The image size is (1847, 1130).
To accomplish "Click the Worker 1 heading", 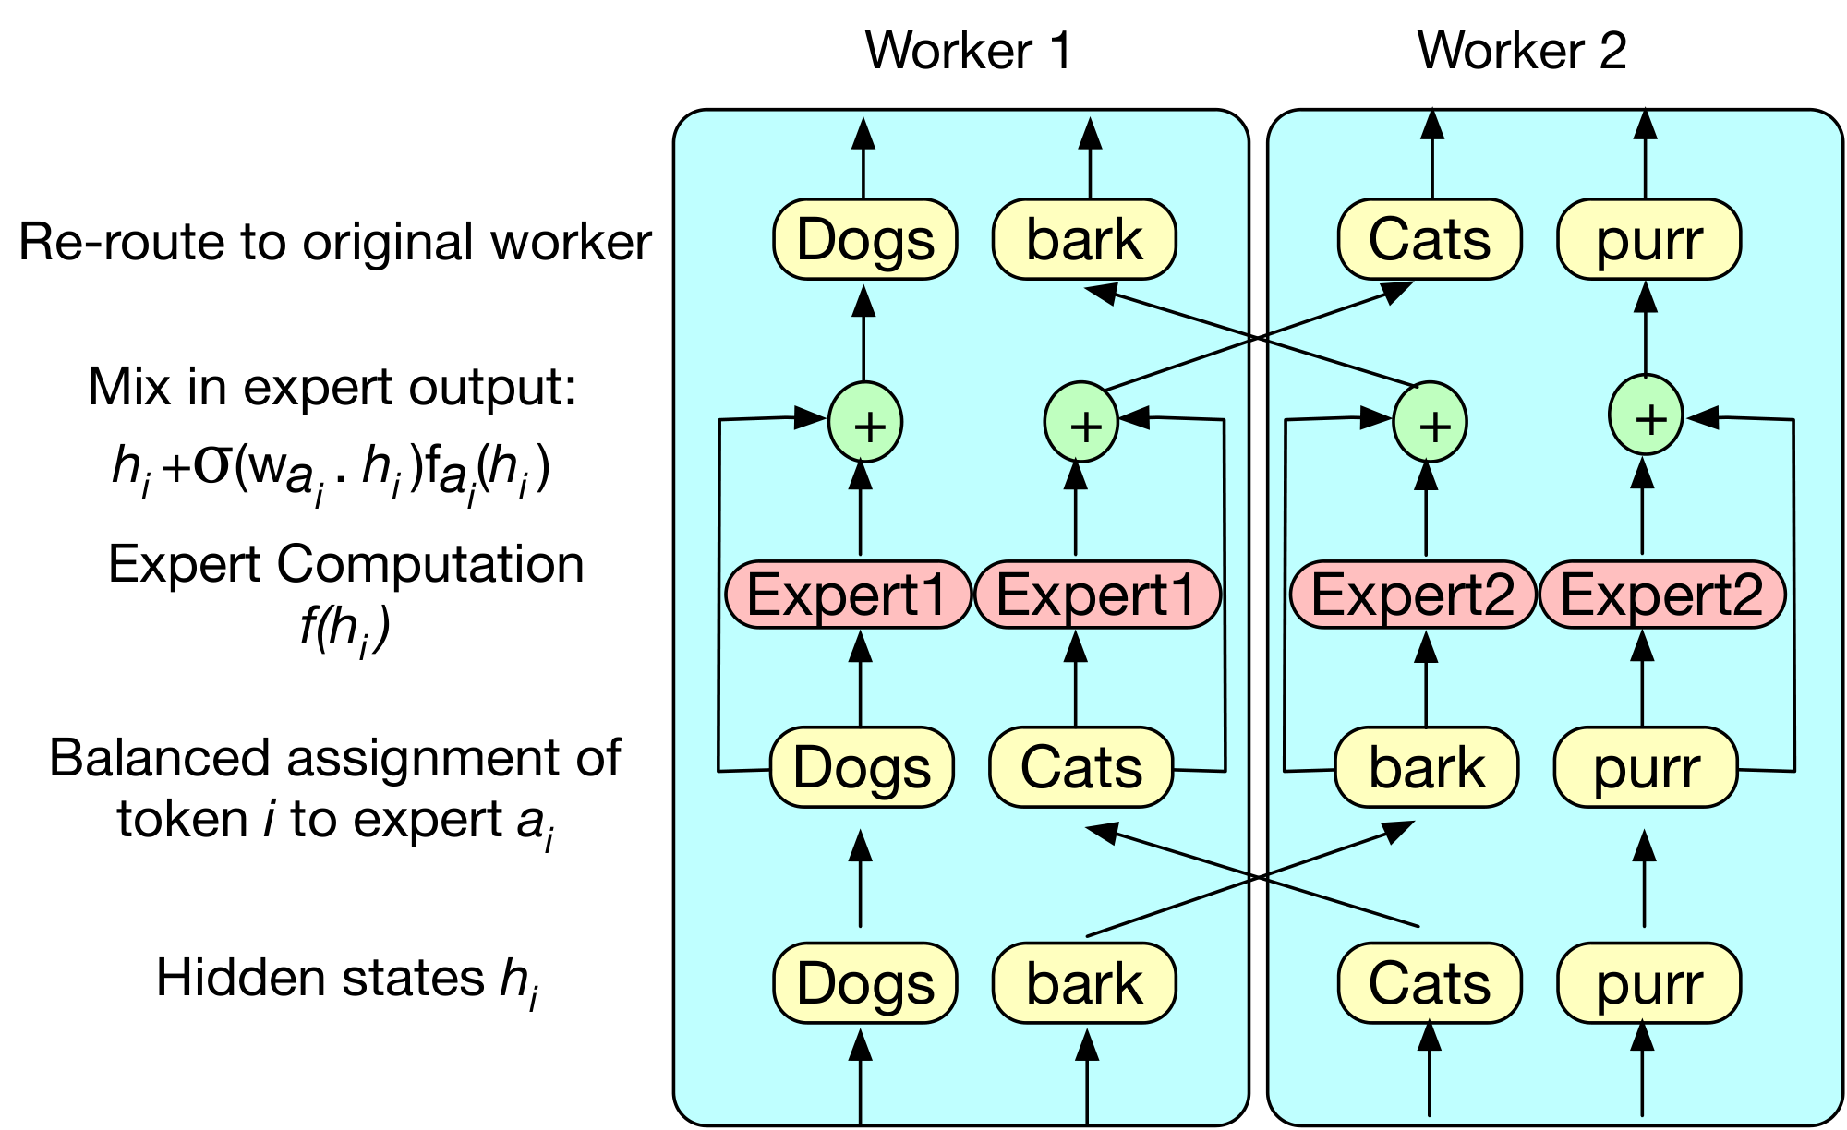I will pos(968,51).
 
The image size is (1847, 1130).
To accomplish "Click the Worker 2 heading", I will pos(1521,51).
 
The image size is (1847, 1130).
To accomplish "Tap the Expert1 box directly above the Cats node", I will pos(1097,595).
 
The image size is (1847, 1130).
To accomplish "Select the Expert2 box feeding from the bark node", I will pos(1412,595).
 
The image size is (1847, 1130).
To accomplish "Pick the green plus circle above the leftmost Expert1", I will pos(865,424).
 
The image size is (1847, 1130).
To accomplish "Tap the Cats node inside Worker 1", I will pos(1080,767).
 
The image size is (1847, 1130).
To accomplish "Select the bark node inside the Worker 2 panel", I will pos(1427,767).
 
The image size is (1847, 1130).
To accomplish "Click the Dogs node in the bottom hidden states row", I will pos(865,983).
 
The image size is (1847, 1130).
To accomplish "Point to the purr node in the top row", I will pos(1648,240).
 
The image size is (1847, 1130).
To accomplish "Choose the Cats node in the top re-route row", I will pos(1429,240).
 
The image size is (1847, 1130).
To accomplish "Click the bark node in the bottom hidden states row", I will pos(1084,983).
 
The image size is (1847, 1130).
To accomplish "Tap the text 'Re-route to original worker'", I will pos(334,242).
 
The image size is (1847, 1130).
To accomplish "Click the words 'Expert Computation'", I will pos(345,564).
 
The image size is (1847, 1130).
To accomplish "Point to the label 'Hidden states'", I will pos(320,978).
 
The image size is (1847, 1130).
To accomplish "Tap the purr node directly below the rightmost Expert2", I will pos(1646,767).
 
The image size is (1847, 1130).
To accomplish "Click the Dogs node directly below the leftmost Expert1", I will pos(862,767).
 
